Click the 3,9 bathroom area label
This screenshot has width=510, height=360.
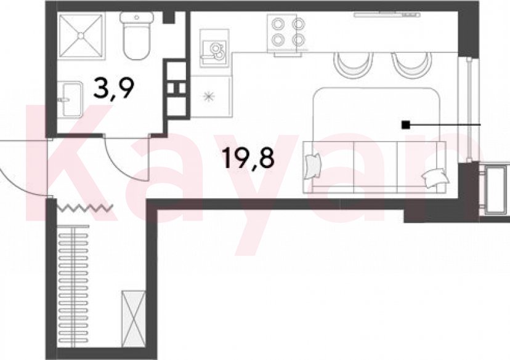pos(113,88)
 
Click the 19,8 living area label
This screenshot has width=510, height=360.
pos(249,158)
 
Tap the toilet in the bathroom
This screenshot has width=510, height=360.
pos(136,36)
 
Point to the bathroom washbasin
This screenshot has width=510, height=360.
pos(70,99)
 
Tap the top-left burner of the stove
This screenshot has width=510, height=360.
pos(278,24)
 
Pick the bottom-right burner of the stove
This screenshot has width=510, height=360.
pos(298,40)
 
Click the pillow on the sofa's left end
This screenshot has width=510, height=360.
pos(313,166)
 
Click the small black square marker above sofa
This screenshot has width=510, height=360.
pos(405,125)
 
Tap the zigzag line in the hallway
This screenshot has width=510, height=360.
pos(85,207)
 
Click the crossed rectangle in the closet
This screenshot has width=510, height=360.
pos(133,318)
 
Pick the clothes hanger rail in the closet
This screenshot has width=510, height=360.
pos(73,286)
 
